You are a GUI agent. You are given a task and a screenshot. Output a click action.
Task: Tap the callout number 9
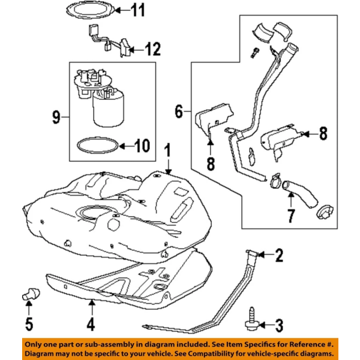point(56,118)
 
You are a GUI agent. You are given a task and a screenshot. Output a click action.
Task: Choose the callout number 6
point(178,111)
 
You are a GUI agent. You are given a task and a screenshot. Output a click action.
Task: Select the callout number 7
point(291,215)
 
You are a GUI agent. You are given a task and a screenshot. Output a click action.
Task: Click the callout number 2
point(278,255)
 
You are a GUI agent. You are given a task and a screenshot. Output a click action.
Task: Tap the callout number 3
point(278,325)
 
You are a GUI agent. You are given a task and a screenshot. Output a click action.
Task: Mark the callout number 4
point(91,325)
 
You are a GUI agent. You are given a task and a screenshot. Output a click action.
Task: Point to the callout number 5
point(29,325)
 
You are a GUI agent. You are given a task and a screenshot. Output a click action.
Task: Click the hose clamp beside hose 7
point(276,180)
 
